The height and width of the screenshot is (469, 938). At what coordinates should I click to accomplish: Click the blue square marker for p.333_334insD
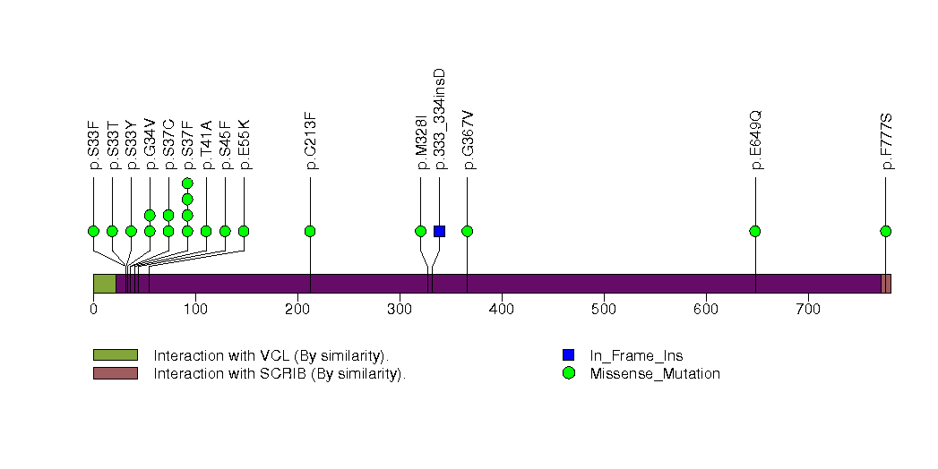[439, 231]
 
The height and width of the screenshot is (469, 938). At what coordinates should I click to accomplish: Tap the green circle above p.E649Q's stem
[755, 231]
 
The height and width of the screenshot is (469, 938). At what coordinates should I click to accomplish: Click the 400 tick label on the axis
[502, 310]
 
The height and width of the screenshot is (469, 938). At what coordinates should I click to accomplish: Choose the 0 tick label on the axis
[93, 310]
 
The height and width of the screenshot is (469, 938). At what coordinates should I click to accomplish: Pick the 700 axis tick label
[808, 310]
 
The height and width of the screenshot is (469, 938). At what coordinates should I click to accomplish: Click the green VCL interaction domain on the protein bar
[105, 284]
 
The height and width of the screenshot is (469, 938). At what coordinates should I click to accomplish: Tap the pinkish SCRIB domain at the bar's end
[886, 284]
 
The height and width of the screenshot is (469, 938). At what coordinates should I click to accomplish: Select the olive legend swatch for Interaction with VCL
[116, 355]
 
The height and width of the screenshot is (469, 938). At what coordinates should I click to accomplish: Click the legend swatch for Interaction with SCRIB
[116, 373]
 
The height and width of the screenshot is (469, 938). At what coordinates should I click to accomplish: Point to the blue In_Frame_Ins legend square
[568, 355]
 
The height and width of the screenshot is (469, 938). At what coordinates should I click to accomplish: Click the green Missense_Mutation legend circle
[568, 373]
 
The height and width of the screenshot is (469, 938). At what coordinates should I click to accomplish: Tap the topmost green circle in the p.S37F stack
[187, 183]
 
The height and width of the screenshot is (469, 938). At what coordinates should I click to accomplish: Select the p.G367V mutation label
[467, 140]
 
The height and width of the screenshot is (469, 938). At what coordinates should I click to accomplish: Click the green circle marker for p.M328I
[420, 231]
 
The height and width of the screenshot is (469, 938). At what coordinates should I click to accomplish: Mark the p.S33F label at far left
[93, 145]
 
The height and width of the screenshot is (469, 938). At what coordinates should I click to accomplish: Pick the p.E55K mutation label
[244, 145]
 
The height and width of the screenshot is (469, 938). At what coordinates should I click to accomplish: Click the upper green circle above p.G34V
[150, 215]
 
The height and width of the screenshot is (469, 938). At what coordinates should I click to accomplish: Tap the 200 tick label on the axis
[297, 310]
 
